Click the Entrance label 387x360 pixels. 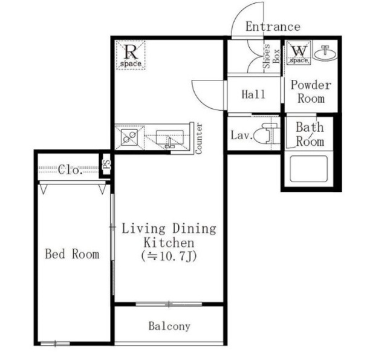273,27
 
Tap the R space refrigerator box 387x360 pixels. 131,55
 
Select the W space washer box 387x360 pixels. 299,53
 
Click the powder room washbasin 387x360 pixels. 325,53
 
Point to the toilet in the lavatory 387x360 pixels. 267,133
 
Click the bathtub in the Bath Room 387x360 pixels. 309,169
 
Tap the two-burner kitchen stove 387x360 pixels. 129,137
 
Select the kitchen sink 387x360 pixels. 170,139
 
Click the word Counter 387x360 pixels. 199,139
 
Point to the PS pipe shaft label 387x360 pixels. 107,164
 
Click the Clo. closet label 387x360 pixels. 70,170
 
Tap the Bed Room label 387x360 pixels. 72,254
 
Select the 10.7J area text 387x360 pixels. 169,257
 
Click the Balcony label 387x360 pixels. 169,326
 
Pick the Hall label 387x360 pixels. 253,94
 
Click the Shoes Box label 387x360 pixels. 271,56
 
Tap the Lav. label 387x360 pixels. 242,136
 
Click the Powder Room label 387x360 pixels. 311,92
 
